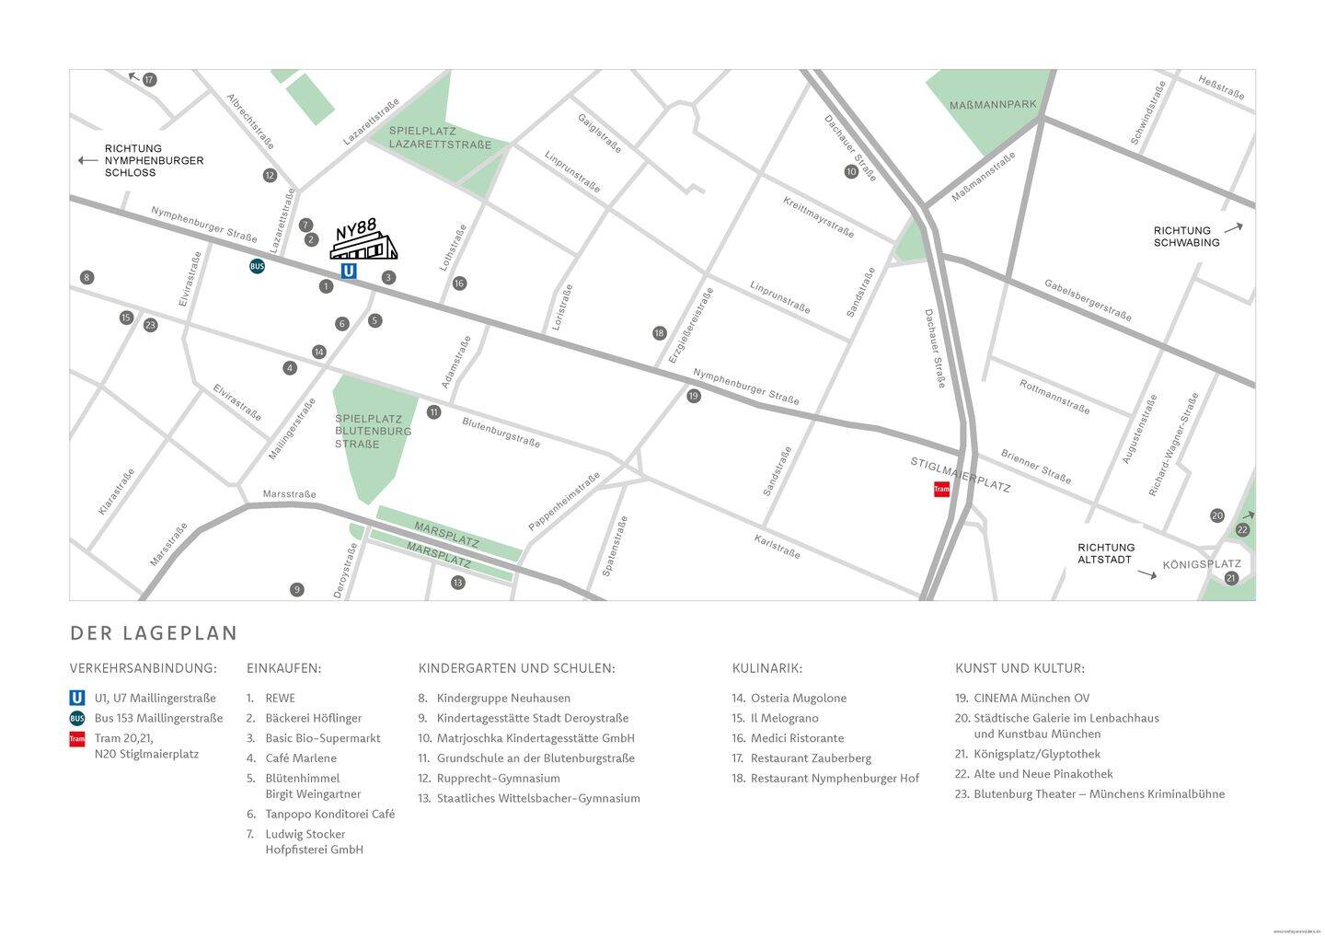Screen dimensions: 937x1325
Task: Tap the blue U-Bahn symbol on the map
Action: click(x=349, y=271)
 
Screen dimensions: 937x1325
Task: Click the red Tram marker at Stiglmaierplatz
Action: click(x=941, y=489)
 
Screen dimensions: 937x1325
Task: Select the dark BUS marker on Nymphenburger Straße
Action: click(x=258, y=267)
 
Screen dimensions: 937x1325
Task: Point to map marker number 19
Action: click(x=694, y=396)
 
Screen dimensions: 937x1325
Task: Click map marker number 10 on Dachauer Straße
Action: click(x=851, y=171)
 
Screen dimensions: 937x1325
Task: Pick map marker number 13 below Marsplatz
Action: click(x=458, y=583)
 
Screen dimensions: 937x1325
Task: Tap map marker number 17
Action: click(x=150, y=80)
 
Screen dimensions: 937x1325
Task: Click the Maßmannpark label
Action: click(x=993, y=105)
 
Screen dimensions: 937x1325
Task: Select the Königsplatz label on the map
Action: click(x=1202, y=564)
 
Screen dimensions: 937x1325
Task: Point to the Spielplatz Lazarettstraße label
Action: click(x=440, y=138)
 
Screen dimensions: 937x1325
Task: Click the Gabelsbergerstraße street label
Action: click(x=1088, y=300)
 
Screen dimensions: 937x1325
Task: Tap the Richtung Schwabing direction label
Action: click(x=1186, y=237)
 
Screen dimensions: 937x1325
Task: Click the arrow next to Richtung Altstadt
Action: click(x=1146, y=574)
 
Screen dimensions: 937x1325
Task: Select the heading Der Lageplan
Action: click(x=154, y=633)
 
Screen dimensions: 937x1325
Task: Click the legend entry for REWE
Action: click(x=280, y=698)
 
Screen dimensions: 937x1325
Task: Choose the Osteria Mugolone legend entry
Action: click(x=798, y=698)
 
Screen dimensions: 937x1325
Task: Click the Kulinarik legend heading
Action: click(x=766, y=668)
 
